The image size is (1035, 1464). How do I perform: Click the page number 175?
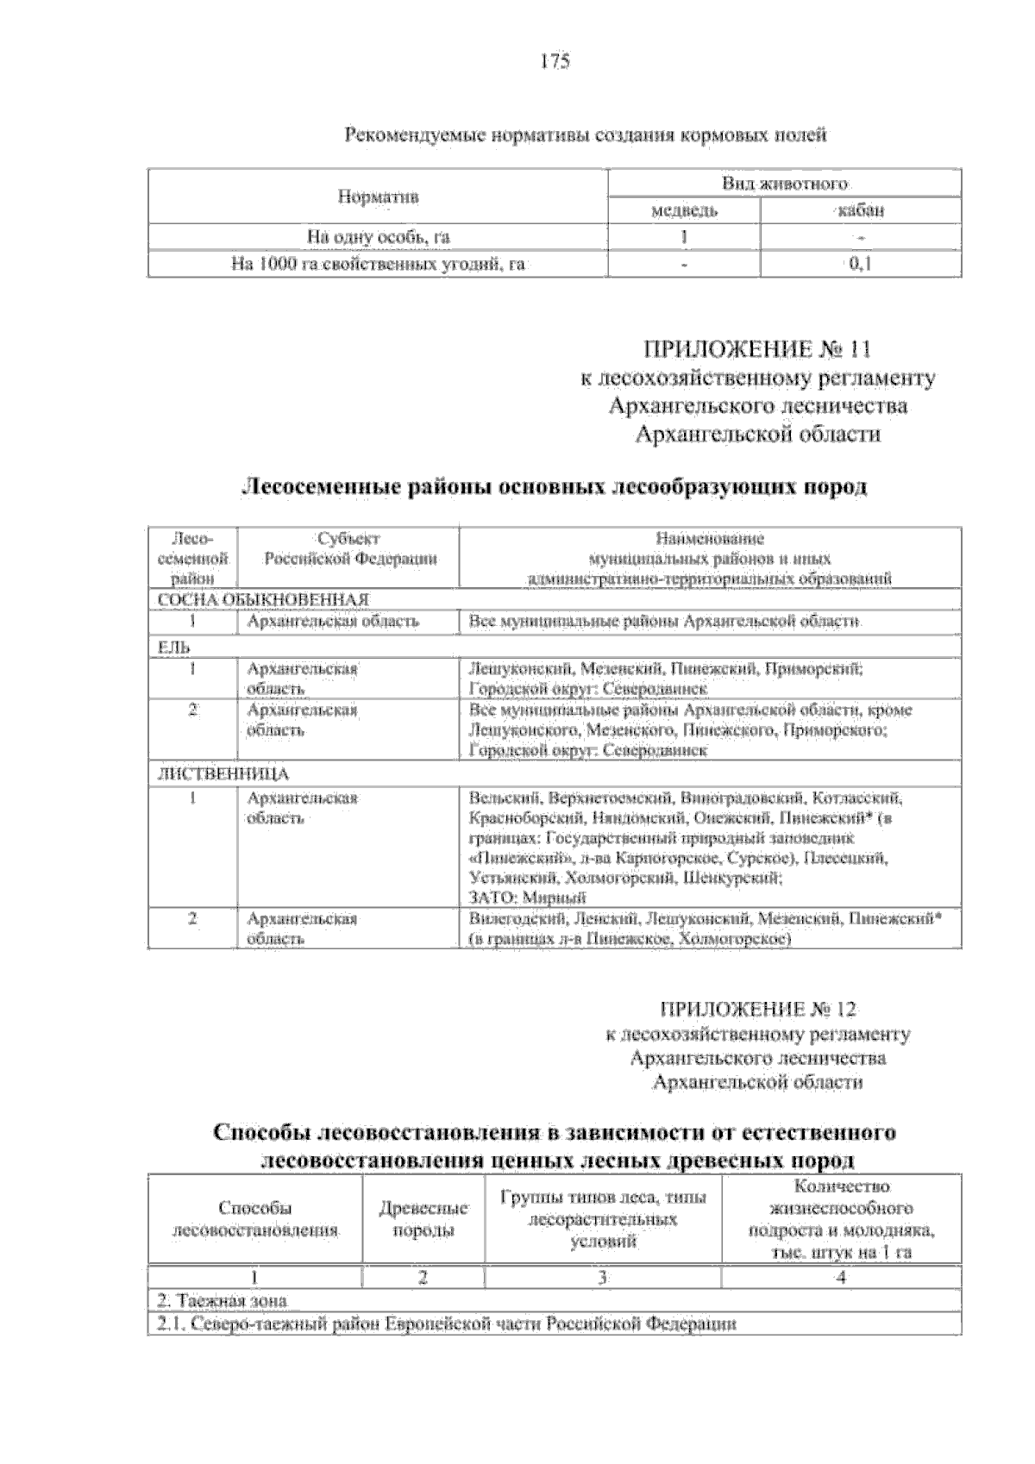tap(555, 61)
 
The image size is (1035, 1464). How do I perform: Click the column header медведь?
tap(685, 211)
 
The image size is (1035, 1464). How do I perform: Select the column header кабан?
tap(860, 211)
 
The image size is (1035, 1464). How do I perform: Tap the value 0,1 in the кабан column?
tap(860, 264)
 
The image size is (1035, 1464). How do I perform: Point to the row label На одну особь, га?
tap(378, 237)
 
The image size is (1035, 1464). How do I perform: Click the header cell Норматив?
tap(378, 197)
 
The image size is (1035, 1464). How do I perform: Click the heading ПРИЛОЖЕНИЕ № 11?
tap(756, 349)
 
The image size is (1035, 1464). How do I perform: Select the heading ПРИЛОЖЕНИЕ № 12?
tap(758, 1010)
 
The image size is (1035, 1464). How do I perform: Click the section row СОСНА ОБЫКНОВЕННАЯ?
tap(264, 600)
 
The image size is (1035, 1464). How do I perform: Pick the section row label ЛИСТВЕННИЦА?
tap(223, 773)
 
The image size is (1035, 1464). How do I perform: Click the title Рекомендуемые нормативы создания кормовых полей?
tap(586, 135)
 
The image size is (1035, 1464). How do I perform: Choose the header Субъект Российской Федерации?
tap(349, 549)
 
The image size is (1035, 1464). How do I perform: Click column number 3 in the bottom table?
tap(602, 1278)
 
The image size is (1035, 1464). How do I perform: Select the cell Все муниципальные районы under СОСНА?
tap(663, 622)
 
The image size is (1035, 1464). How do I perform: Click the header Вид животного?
tap(784, 184)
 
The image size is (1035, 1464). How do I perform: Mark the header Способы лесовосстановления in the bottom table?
tap(255, 1220)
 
